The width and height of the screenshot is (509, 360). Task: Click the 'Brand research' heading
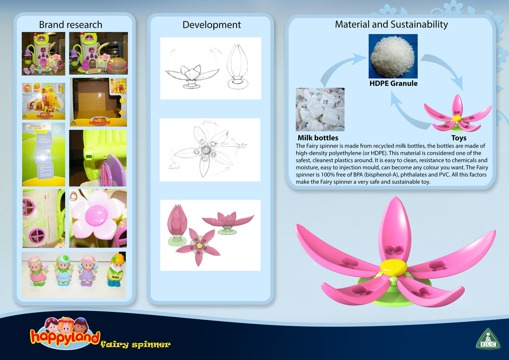click(71, 25)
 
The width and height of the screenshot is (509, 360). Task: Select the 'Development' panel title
click(212, 25)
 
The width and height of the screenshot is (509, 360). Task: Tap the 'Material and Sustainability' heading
click(391, 24)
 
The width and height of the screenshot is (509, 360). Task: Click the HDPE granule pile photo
click(393, 56)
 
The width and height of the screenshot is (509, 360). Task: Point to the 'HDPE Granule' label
click(393, 83)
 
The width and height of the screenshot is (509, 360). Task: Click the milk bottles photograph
click(320, 109)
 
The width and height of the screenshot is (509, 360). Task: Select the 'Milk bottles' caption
click(318, 138)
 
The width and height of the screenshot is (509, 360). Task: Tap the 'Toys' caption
click(459, 138)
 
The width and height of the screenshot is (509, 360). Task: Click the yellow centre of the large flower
click(393, 268)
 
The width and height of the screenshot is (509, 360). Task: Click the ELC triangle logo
click(488, 339)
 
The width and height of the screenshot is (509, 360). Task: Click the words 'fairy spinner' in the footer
click(135, 344)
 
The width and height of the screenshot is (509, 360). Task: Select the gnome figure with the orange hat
click(116, 270)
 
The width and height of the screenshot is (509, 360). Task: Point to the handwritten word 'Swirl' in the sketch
click(174, 167)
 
